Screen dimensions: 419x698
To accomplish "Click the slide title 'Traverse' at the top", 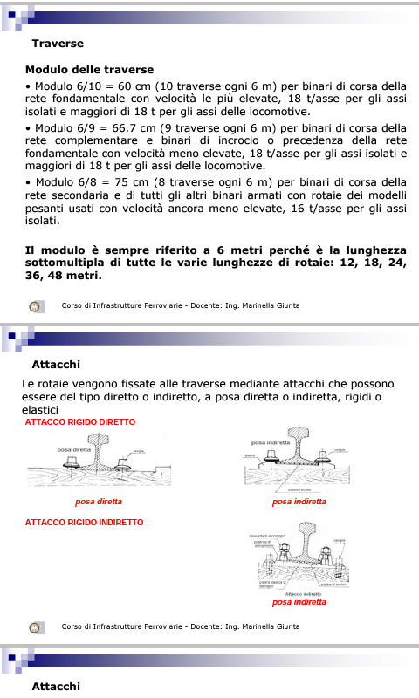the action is click(58, 43).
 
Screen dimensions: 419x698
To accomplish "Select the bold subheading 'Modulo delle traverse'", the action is click(89, 69).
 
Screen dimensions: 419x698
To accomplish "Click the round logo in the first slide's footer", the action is click(36, 306).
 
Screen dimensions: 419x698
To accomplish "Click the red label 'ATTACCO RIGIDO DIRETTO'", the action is click(80, 422).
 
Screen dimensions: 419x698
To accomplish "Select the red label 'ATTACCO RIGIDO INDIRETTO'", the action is click(84, 522).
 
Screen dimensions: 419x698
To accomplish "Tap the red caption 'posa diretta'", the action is click(99, 502).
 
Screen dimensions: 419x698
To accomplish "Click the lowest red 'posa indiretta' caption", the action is click(299, 602).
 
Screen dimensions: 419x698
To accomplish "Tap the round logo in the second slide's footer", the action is click(36, 626).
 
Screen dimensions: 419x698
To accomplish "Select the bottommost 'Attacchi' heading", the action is click(57, 687).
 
